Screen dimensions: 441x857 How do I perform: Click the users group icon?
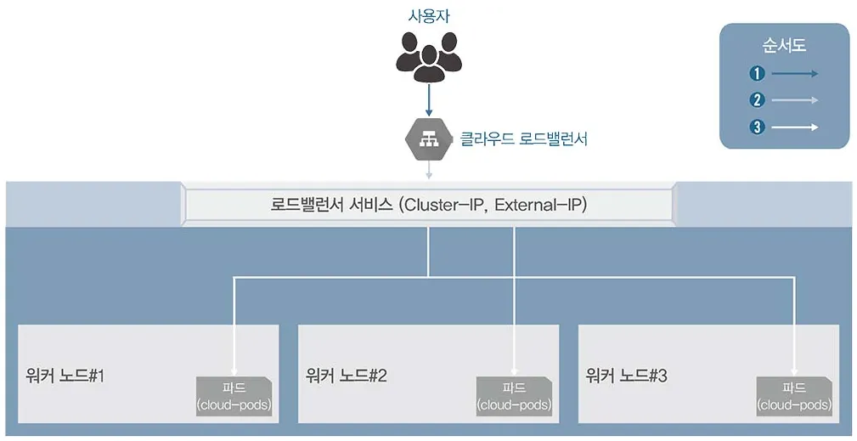coord(428,57)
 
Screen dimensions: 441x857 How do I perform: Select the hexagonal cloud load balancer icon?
coord(428,139)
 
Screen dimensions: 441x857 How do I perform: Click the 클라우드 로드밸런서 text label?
coord(523,139)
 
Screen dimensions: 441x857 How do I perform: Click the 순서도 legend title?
coord(783,46)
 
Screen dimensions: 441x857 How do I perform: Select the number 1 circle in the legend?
coord(758,74)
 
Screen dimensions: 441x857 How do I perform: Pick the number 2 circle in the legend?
coord(758,100)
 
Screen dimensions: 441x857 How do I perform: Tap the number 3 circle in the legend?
coord(758,127)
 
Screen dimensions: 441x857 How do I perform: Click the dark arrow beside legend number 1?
coord(795,74)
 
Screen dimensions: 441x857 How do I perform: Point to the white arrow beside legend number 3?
coord(795,127)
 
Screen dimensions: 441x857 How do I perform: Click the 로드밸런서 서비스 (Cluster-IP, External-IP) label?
coord(428,205)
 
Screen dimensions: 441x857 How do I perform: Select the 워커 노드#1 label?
coord(65,375)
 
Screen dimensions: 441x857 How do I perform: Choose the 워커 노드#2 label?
coord(347,375)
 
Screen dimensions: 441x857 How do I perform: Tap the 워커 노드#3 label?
coord(627,375)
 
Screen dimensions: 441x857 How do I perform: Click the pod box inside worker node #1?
coord(234,396)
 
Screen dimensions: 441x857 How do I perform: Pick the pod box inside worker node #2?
coord(514,396)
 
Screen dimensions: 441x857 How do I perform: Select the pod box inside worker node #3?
coord(794,396)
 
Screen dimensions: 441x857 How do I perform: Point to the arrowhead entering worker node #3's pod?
coord(794,370)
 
